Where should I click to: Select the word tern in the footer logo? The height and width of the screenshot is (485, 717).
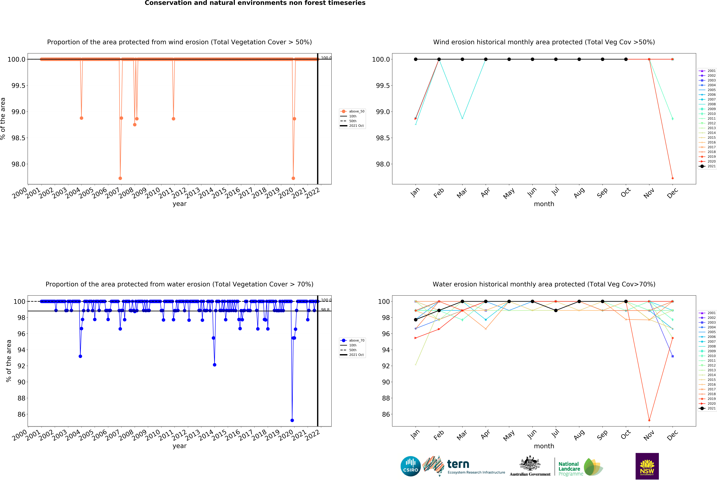458,464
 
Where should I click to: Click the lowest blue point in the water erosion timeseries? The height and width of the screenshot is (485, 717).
292,420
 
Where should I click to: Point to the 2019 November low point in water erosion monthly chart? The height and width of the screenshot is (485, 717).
649,420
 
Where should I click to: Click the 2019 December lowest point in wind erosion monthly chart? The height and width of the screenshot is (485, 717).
673,178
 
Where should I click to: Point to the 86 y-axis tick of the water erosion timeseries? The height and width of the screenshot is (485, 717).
21,414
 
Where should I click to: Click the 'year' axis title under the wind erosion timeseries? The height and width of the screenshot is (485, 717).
180,204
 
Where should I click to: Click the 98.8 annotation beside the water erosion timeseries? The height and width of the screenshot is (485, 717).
325,310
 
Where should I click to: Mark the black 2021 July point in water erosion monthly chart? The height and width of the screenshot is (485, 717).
556,310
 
